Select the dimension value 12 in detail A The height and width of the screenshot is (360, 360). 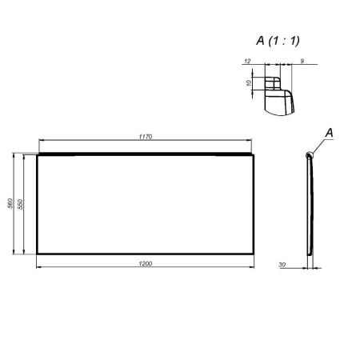[248, 61]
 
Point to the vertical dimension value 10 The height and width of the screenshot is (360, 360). [249, 82]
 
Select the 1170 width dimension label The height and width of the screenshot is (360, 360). [146, 137]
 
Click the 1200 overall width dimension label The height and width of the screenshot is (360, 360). [146, 263]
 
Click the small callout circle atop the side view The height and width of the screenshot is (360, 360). [309, 155]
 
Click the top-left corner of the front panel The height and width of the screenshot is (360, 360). [38, 154]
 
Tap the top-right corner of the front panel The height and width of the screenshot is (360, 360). [255, 154]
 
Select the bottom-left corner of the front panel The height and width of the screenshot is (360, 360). [38, 254]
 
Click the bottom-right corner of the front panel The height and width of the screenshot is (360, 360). [255, 254]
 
